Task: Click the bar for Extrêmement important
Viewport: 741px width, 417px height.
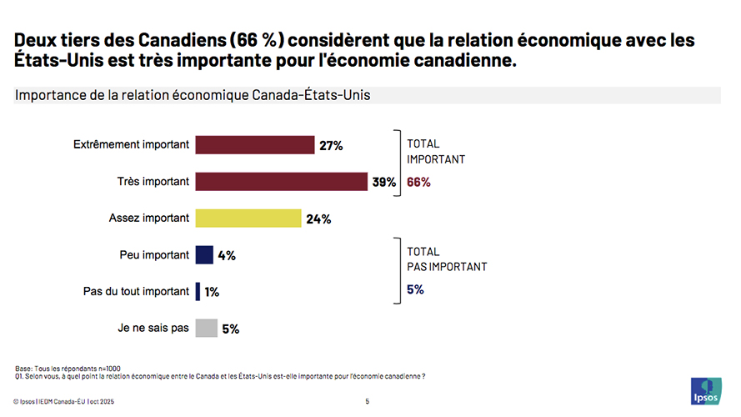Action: point(254,145)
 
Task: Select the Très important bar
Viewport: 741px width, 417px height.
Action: point(281,182)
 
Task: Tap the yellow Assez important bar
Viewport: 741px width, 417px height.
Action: point(248,219)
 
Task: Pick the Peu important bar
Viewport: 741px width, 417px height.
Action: point(204,255)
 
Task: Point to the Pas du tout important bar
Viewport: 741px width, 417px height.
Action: point(198,292)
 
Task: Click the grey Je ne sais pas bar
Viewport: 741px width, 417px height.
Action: point(206,329)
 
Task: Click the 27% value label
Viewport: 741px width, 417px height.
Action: point(331,146)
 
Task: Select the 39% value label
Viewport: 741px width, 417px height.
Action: point(384,183)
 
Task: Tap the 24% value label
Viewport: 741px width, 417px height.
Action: point(318,219)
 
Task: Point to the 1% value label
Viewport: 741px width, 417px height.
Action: point(212,293)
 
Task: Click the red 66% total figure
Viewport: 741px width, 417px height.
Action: point(418,183)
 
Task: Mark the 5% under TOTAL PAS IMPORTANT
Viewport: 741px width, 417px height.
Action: point(415,289)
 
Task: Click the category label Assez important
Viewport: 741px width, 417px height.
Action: point(149,219)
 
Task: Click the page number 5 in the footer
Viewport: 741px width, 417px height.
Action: point(367,401)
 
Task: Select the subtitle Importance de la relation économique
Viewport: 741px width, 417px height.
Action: point(193,95)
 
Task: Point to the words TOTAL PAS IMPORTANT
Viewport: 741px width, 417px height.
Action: point(446,259)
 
